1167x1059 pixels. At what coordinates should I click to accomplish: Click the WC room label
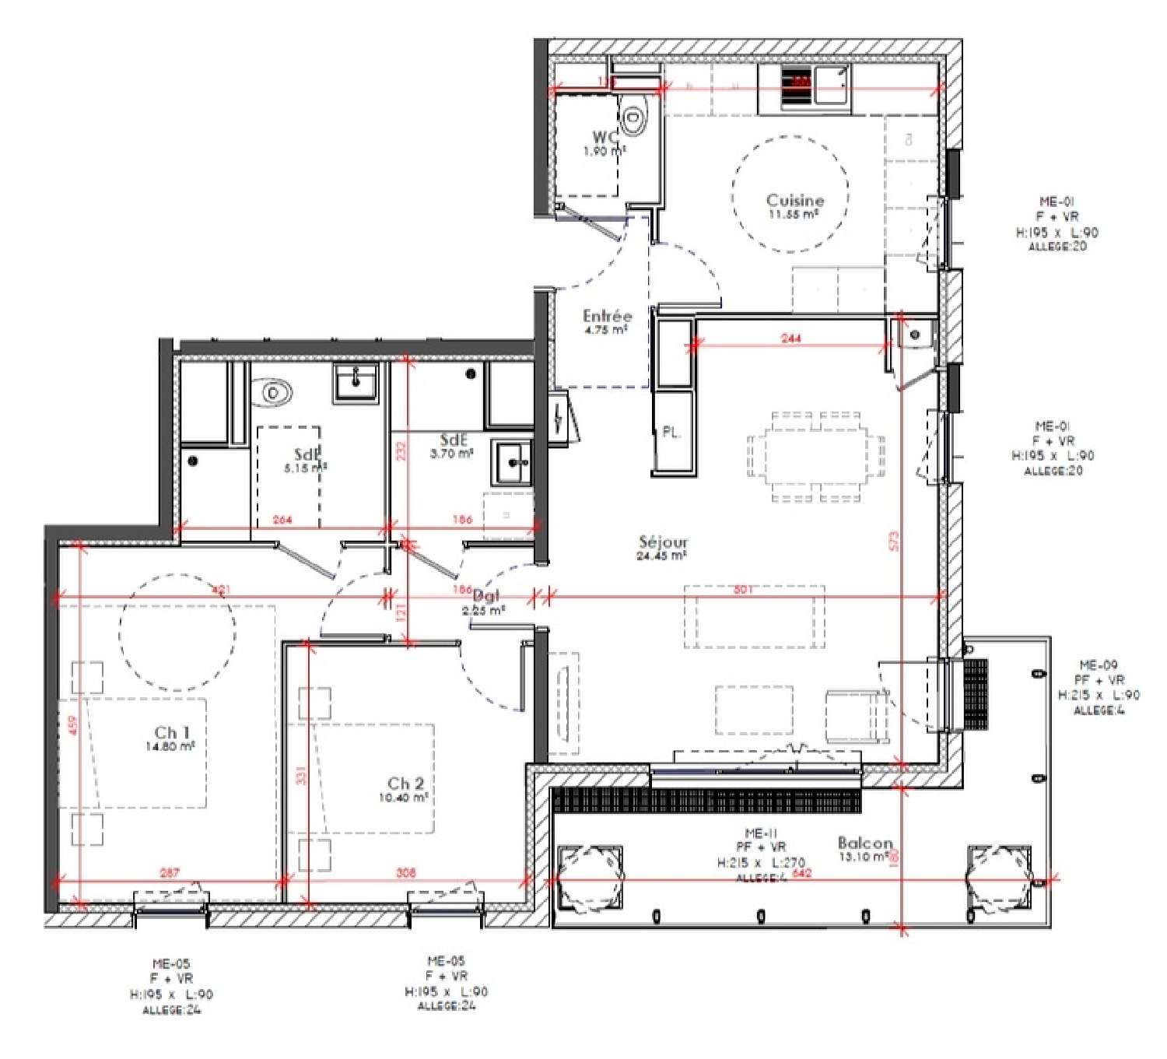[605, 138]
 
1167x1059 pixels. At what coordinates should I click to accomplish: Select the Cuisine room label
[794, 200]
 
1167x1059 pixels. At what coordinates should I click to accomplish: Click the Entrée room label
[607, 316]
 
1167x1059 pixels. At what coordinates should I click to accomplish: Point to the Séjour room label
[663, 542]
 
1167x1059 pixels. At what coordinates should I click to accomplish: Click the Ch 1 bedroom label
[171, 732]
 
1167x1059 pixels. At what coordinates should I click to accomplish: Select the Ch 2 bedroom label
[405, 784]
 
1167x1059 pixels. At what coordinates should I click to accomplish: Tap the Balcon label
[864, 843]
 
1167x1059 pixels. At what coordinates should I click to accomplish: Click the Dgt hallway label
[485, 597]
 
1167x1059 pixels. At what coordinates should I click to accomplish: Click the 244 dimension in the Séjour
[790, 338]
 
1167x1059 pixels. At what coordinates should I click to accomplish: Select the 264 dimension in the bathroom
[282, 520]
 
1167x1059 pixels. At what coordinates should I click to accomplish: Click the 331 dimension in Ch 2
[301, 776]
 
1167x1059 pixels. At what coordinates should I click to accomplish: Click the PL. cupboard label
[671, 433]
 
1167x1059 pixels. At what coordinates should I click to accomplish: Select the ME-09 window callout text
[1098, 665]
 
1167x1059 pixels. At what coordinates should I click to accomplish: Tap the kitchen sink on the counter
[832, 83]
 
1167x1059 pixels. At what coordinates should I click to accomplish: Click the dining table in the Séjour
[816, 457]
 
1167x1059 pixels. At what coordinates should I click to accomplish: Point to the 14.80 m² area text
[170, 746]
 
